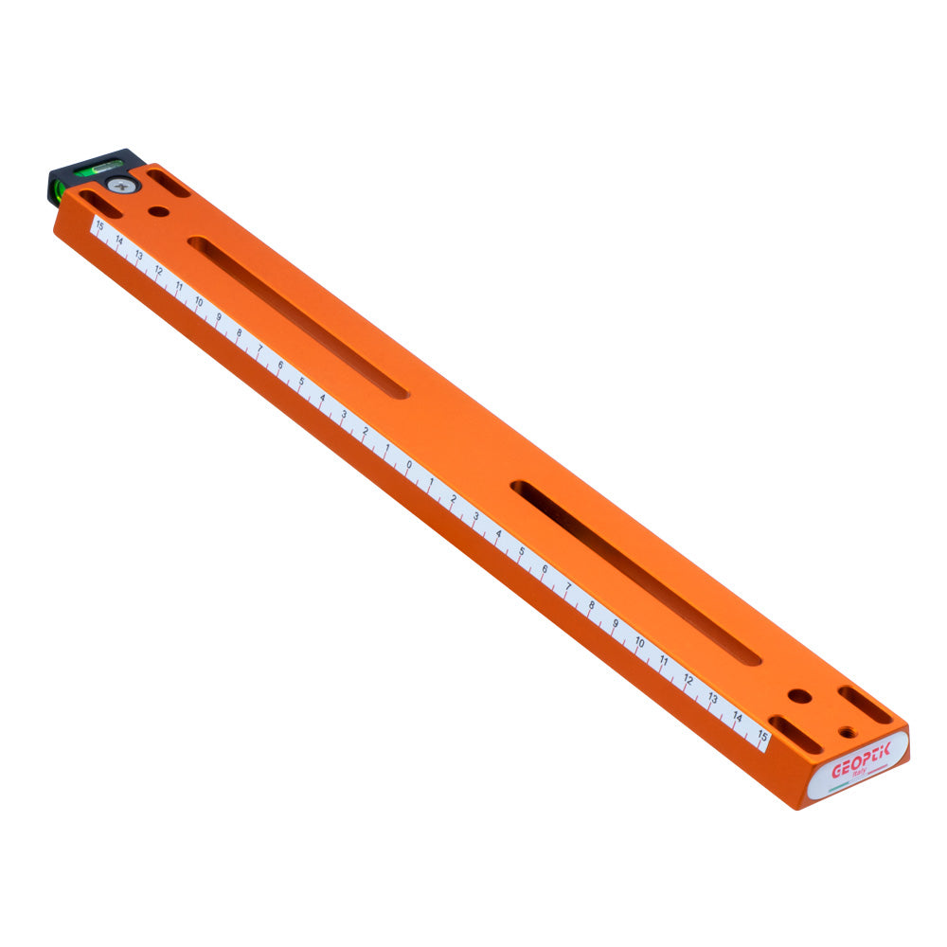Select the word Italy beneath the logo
click(860, 774)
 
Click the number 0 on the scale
click(409, 465)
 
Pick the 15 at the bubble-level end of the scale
click(99, 225)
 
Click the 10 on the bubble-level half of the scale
click(199, 302)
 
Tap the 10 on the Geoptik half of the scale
click(639, 644)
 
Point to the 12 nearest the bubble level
click(158, 271)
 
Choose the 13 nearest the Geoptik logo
click(712, 698)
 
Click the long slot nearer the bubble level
click(298, 316)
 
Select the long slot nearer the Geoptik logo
click(635, 573)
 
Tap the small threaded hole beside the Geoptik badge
click(845, 731)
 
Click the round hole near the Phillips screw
click(159, 210)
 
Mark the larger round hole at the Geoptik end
click(799, 696)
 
